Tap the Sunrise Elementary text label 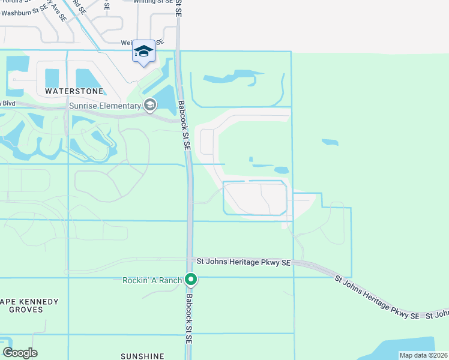pyautogui.click(x=104, y=106)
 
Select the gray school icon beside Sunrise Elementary pyautogui.click(x=149, y=106)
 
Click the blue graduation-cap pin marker pyautogui.click(x=144, y=52)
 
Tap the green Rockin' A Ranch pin pyautogui.click(x=191, y=280)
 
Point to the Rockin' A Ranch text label pyautogui.click(x=152, y=280)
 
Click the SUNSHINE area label pyautogui.click(x=142, y=356)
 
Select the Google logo pyautogui.click(x=20, y=353)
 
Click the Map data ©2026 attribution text pyautogui.click(x=423, y=355)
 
